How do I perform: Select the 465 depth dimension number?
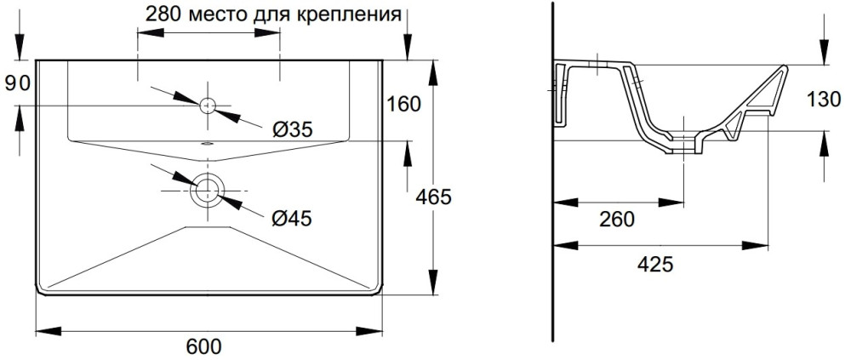[433, 197]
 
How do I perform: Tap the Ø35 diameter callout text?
[292, 129]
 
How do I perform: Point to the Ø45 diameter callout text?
[292, 219]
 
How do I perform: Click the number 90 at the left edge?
[17, 83]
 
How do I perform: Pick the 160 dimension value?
[403, 105]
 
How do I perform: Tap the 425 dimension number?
[655, 264]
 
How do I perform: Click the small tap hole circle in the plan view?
[208, 106]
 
